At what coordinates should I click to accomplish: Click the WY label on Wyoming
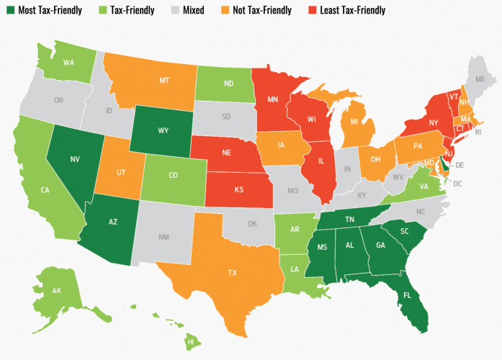163,132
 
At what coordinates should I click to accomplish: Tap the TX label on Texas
233,273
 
